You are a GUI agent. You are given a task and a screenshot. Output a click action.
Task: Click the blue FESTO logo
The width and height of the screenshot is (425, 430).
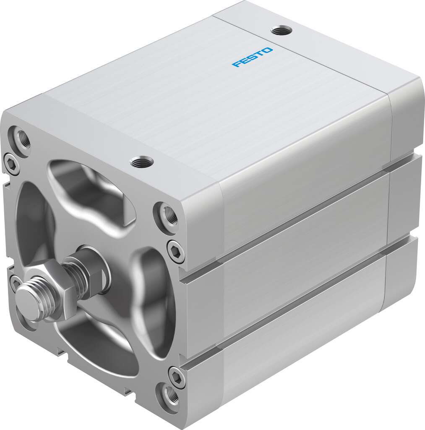(x=253, y=57)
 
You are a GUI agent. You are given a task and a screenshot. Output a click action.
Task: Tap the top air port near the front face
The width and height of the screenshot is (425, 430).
(x=141, y=161)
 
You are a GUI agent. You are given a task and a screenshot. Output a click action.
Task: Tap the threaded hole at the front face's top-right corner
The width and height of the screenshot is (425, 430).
(x=168, y=214)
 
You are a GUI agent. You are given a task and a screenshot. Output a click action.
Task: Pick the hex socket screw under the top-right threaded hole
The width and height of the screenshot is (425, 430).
(x=175, y=250)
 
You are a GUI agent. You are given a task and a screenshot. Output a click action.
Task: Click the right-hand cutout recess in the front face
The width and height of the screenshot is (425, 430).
(x=151, y=290)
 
